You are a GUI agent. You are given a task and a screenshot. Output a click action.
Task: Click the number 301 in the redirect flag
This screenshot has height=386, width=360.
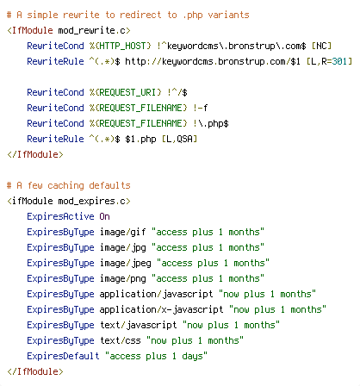coord(339,61)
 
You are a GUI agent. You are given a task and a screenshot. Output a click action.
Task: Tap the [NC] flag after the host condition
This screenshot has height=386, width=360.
coord(321,46)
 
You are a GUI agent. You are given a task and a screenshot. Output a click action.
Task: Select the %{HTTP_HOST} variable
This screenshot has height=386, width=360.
coord(121,46)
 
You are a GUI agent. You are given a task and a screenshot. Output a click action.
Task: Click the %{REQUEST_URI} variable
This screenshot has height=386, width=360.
coord(126,92)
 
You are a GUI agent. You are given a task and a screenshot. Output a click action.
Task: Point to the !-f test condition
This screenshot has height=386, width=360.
coord(201,108)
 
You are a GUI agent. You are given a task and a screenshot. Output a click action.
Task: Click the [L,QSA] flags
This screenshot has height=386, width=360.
coord(179,139)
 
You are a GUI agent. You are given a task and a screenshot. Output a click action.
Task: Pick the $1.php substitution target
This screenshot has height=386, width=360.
coord(140,140)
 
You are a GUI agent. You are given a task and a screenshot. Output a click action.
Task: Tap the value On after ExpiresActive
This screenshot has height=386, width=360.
coord(105,216)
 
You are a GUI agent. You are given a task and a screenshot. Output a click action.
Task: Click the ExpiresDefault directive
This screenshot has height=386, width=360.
coord(63,356)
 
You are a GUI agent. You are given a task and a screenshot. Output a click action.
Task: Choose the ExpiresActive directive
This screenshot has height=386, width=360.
coord(60,216)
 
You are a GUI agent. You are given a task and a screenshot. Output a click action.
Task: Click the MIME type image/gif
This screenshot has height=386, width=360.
coord(123,232)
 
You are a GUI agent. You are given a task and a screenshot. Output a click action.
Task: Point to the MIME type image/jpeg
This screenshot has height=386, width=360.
coord(126,264)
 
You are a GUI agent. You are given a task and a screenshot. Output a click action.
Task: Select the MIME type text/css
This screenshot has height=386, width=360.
coord(121,340)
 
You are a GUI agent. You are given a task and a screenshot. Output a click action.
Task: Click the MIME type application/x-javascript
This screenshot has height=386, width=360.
coord(161,309)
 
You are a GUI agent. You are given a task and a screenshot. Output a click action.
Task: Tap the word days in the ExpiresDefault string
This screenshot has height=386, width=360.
coord(192,357)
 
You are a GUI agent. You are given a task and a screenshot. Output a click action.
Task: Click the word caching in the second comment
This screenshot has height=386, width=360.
coord(65,186)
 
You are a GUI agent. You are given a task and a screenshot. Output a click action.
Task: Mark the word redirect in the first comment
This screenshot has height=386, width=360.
coord(140,15)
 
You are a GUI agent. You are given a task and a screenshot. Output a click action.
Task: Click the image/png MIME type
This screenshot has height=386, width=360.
coord(123,279)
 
